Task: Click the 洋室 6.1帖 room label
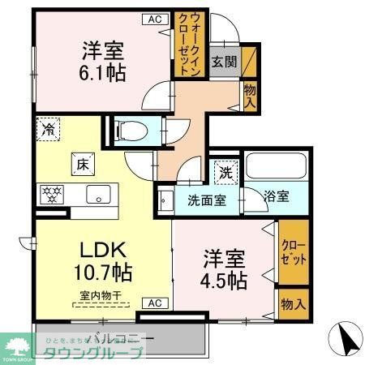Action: click(103, 62)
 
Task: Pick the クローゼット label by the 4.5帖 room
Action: click(294, 254)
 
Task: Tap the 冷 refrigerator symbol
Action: click(49, 129)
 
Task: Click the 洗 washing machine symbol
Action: click(225, 172)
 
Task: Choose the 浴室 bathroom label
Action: click(277, 196)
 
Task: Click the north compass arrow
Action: click(346, 339)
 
